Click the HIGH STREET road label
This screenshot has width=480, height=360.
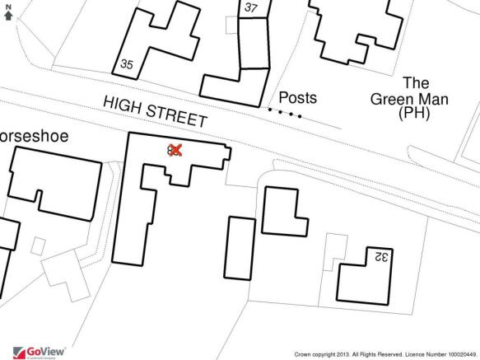(x=155, y=112)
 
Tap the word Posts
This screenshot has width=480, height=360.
(x=297, y=98)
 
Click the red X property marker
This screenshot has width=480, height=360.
(x=175, y=149)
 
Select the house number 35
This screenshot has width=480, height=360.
(x=127, y=64)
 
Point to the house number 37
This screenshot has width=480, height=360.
(x=252, y=8)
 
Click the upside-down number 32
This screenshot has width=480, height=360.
(x=380, y=256)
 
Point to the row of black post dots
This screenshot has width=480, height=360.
(x=285, y=112)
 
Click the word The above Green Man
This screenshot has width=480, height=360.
(x=416, y=82)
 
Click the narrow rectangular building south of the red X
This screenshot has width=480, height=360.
(x=239, y=248)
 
